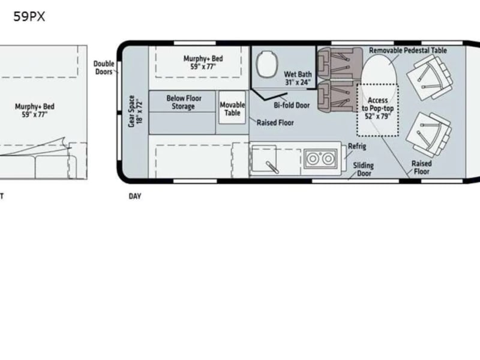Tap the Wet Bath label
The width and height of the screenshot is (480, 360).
[x=298, y=79]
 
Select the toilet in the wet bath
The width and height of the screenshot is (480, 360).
[x=266, y=65]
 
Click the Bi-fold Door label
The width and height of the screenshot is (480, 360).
[x=292, y=106]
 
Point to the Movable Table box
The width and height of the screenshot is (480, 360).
[x=232, y=108]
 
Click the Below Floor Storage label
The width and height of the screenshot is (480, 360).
[x=184, y=102]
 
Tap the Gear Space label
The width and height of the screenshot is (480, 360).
[x=135, y=111]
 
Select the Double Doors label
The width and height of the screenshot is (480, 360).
[x=104, y=68]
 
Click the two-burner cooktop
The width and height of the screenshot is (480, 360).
[x=320, y=158]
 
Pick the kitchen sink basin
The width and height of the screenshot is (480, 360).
[x=264, y=158]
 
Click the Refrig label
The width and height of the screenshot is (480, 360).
[x=357, y=146]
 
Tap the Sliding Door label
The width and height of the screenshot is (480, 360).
[x=364, y=169]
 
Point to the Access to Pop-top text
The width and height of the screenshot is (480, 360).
[x=378, y=109]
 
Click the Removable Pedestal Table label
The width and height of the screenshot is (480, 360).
[x=408, y=50]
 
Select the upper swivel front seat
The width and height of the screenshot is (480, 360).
[x=430, y=78]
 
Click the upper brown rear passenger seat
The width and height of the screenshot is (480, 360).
[x=340, y=64]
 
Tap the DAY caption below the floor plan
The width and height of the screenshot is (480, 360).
[x=135, y=196]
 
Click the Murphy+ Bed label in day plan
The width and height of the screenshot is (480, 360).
[x=203, y=62]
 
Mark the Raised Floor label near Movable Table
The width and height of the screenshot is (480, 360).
[x=275, y=123]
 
